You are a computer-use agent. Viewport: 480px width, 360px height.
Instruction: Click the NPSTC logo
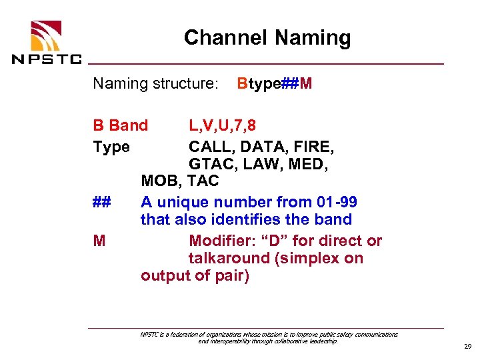pos(46,43)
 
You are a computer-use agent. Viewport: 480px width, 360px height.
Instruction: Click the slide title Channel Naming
pos(267,38)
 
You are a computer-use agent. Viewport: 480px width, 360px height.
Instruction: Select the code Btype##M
pos(274,84)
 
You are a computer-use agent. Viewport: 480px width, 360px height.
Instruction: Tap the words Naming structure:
pos(155,84)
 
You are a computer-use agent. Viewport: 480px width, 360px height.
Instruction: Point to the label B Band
pos(121,125)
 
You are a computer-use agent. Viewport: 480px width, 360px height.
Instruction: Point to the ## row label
pos(102,202)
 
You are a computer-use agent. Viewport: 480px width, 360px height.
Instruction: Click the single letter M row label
pos(99,240)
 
